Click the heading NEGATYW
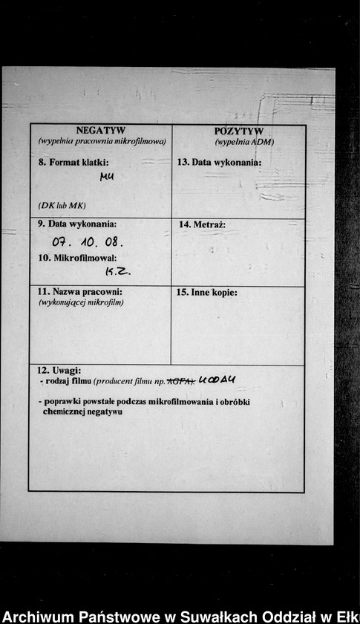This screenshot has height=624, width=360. (101, 131)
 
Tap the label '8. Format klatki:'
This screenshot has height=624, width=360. (73, 161)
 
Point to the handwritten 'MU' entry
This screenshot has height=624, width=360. (107, 177)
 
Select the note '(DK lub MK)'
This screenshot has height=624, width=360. (62, 204)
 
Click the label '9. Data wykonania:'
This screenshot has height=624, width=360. (77, 224)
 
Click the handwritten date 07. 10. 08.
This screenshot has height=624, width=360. (88, 242)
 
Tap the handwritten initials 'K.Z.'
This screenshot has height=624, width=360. (117, 273)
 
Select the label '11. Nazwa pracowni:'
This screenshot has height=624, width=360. (79, 292)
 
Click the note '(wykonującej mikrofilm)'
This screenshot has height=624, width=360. (81, 302)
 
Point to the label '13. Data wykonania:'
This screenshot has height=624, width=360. (219, 162)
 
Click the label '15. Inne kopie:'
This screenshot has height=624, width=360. (207, 293)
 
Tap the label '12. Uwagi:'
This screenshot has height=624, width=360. (59, 370)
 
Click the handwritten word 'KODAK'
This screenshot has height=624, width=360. (217, 380)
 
